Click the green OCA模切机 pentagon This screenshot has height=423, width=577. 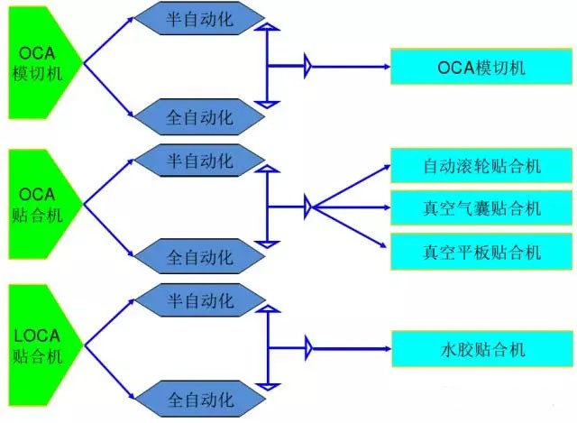[41, 63]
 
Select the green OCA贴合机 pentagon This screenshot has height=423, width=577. [41, 205]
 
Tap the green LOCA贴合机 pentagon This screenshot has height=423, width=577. [41, 345]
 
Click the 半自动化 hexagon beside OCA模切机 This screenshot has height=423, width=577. [199, 18]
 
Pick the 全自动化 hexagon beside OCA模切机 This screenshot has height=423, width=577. [199, 116]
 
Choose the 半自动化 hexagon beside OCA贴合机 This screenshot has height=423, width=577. [199, 161]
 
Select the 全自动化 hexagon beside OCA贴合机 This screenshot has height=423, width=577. [199, 256]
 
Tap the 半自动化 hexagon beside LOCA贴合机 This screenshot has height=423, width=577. [200, 300]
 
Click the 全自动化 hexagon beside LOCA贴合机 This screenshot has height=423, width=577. [200, 399]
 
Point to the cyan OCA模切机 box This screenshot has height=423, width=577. [481, 67]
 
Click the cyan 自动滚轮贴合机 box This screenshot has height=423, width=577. [481, 166]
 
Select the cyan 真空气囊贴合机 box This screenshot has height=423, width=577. [481, 208]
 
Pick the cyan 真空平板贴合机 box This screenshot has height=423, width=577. [481, 252]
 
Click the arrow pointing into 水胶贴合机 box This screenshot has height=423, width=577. [352, 349]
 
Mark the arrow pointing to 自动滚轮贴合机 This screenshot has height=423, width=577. [352, 187]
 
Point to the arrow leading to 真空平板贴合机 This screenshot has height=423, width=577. [350, 227]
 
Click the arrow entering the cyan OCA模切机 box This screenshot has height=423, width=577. [351, 67]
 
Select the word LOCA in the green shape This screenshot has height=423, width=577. [37, 336]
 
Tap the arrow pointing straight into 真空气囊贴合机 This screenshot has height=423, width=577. [352, 207]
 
